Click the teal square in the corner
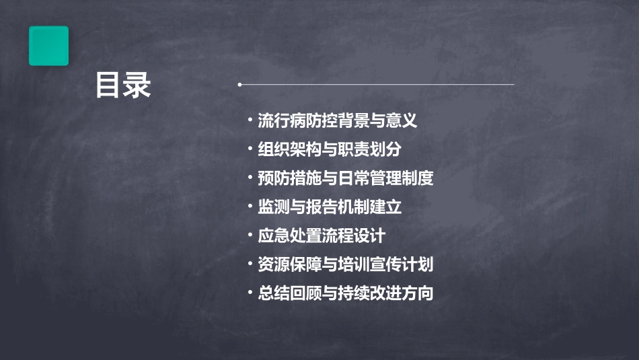48,46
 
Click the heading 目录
122,86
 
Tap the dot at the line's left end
239,85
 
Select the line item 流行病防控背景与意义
338,121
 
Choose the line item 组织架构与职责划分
330,149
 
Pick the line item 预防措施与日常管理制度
346,178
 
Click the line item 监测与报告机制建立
330,207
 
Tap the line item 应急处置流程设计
322,236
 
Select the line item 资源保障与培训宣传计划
346,264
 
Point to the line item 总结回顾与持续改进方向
346,293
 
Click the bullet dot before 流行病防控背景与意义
250,121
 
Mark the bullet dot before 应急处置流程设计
250,236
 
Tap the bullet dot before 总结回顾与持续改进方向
250,293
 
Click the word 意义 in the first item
402,121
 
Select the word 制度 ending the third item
418,178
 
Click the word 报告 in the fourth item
322,207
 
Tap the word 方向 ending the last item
418,293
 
